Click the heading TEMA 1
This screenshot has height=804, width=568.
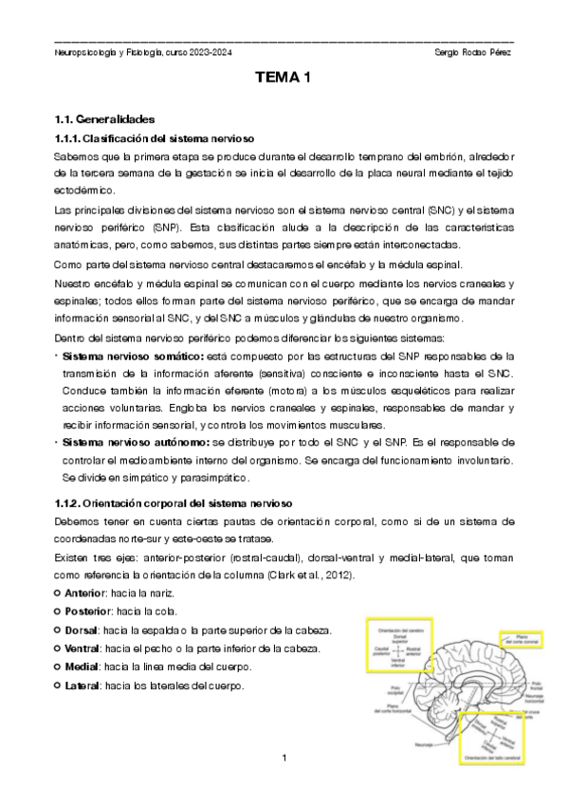coord(284,79)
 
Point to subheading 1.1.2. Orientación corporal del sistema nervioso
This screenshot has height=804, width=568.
coord(174,501)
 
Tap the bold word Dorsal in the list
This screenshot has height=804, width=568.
coord(83,630)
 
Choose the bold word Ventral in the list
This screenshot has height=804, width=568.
coord(85,648)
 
